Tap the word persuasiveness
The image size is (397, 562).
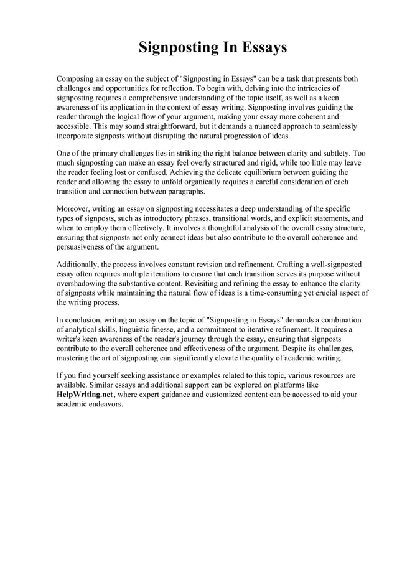coord(86,246)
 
